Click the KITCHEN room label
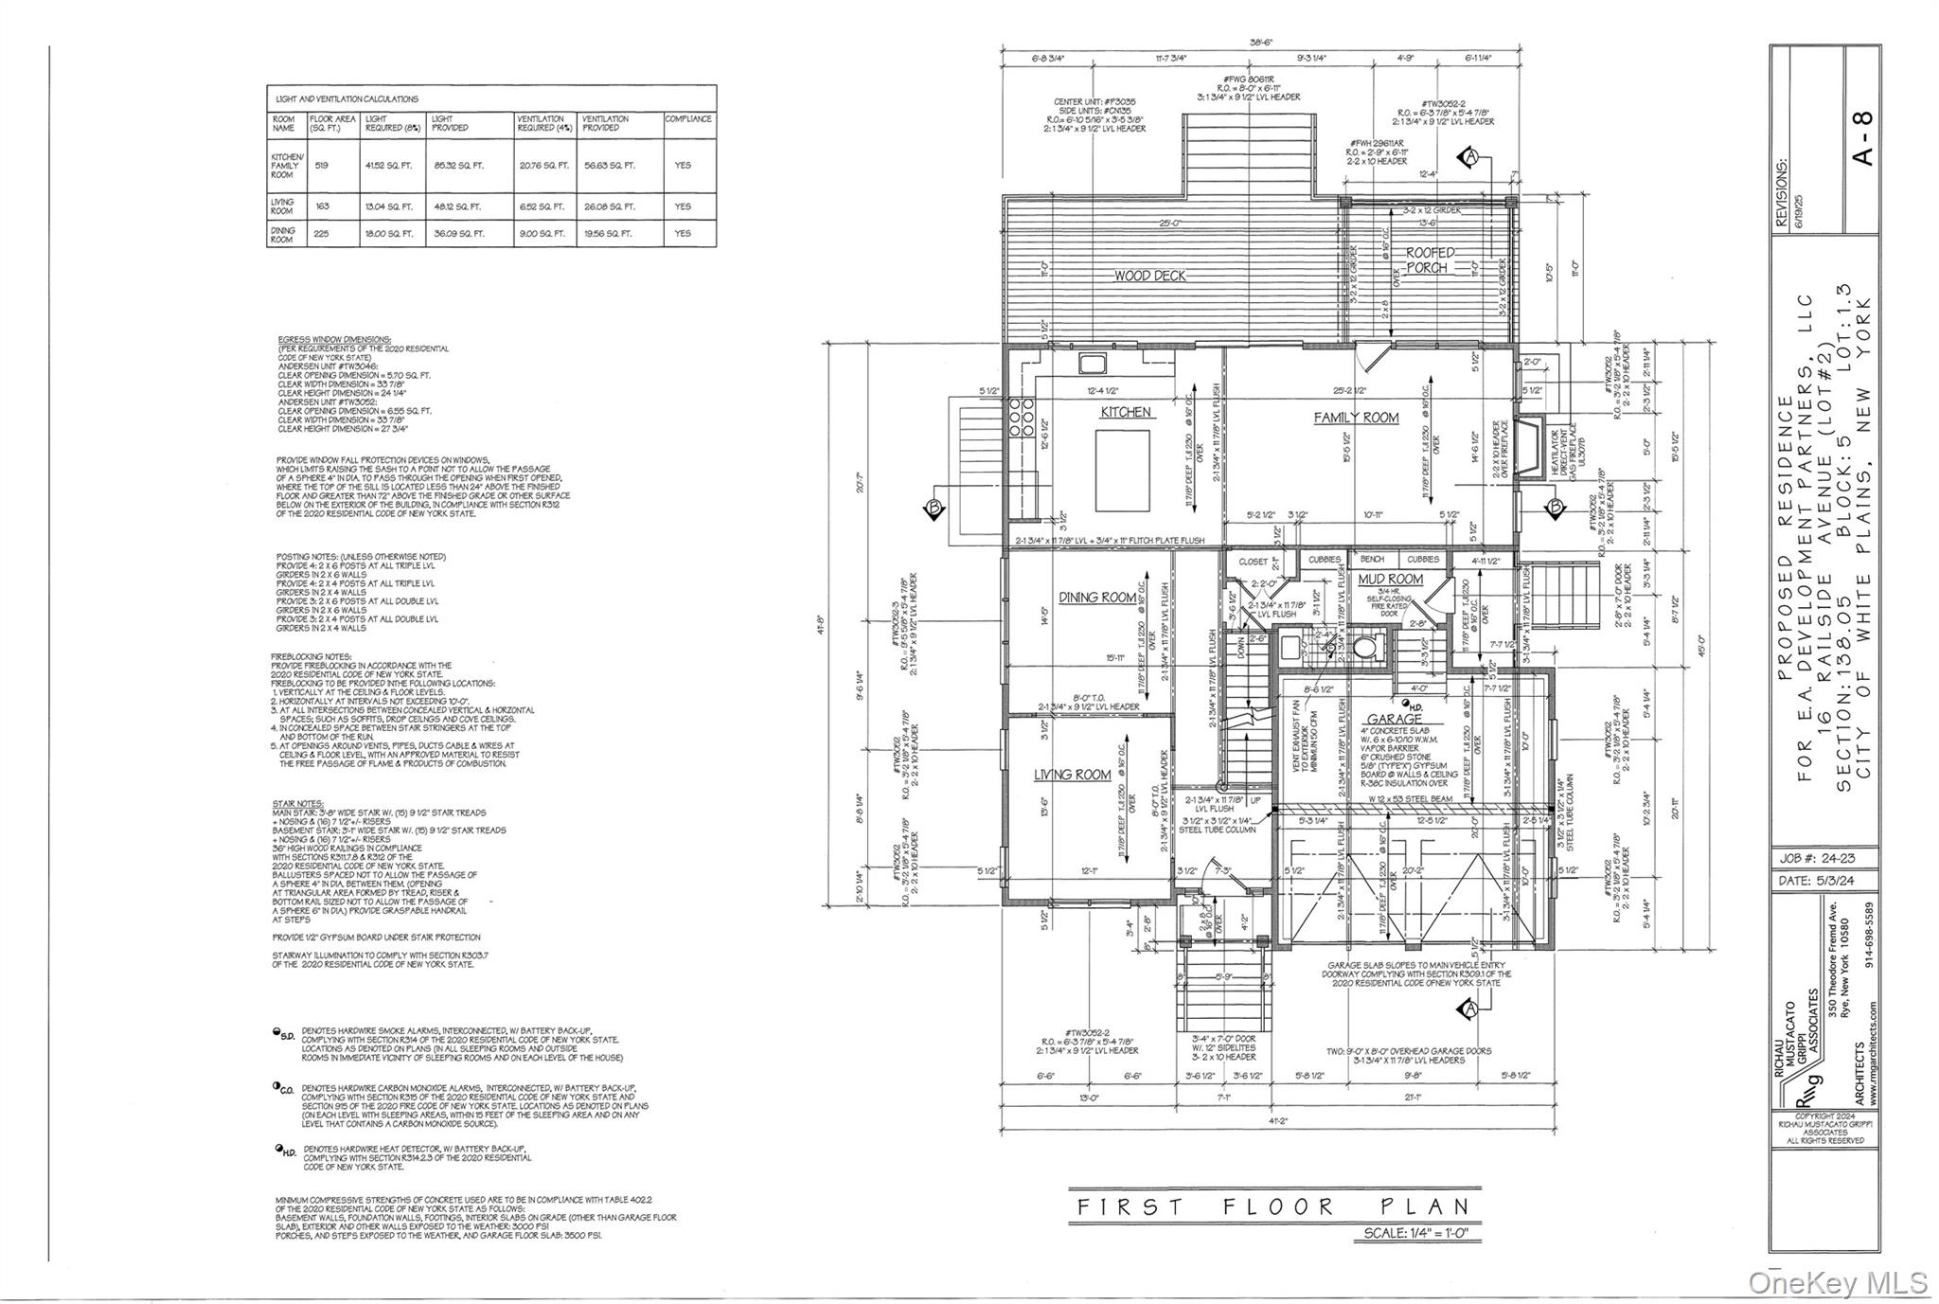click(x=1125, y=412)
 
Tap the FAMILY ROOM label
click(x=1355, y=418)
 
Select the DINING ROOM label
click(x=1096, y=598)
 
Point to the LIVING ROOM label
click(x=1072, y=775)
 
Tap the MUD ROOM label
click(x=1390, y=580)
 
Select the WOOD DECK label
click(x=1149, y=276)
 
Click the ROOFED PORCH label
click(x=1428, y=260)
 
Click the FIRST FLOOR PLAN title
click(x=1273, y=1206)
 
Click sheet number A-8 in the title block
click(x=1861, y=138)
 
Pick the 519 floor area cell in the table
click(x=322, y=165)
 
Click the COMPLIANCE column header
click(x=688, y=119)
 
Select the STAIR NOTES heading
click(x=299, y=804)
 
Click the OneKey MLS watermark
click(x=1837, y=1282)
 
